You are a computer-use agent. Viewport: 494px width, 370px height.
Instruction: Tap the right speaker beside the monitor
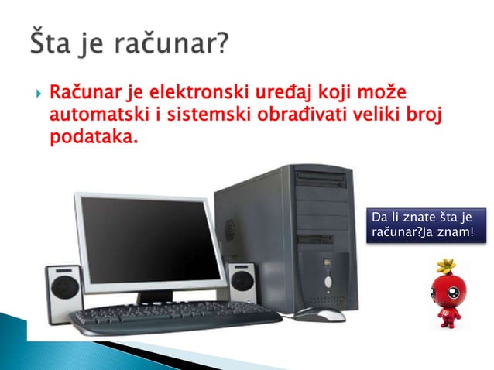pos(241,283)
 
